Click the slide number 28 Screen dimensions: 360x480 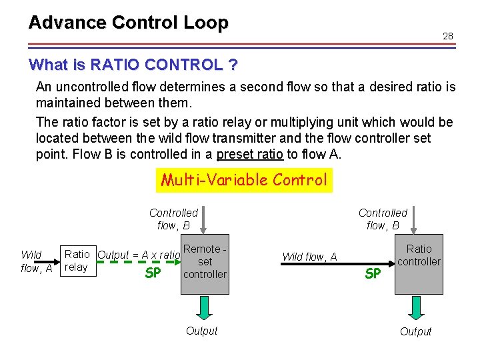point(447,36)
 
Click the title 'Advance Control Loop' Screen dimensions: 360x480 point(128,23)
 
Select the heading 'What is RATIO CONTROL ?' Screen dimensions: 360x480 point(133,65)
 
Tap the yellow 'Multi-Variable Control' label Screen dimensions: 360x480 point(243,179)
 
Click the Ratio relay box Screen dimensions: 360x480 point(77,261)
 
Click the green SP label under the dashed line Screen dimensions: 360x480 point(153,273)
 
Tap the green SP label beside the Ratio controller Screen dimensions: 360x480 point(373,273)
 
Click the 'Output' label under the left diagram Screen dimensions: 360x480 point(201,331)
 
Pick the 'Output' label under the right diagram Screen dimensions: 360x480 point(416,331)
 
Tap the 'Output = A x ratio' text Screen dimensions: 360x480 point(139,255)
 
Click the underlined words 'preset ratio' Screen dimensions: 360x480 point(243,155)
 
